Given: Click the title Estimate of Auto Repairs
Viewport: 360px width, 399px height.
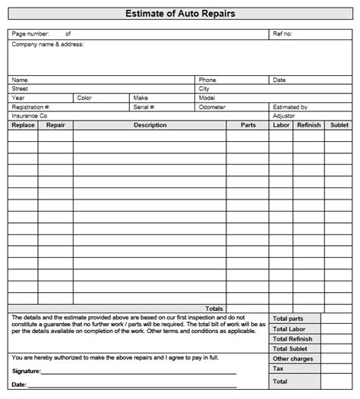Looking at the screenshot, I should (x=179, y=14).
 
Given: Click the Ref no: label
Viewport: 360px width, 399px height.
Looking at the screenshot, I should (x=282, y=34).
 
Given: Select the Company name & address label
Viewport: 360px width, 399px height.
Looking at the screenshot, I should (x=47, y=44).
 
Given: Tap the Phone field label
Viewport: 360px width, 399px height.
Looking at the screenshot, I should (x=207, y=80).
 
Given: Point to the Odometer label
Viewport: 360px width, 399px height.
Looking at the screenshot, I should (x=212, y=108).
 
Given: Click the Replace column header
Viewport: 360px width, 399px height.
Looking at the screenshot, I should (x=23, y=125).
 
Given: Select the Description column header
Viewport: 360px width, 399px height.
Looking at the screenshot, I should (x=150, y=125).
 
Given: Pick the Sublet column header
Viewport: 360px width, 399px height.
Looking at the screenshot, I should (x=339, y=125).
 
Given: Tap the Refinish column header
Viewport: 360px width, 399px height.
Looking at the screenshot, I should (x=308, y=125).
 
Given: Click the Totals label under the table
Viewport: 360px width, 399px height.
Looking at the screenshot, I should (x=214, y=309).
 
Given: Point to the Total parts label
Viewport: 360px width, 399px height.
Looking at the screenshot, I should (x=289, y=319).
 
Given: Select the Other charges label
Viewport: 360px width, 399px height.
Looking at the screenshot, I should (x=292, y=359).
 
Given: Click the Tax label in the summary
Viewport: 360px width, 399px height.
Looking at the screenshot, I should (x=278, y=368).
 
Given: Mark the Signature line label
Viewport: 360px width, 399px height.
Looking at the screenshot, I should (x=27, y=372).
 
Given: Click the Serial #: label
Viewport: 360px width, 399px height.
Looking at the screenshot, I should (x=144, y=108).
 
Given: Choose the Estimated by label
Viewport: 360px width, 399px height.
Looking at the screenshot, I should (x=289, y=108).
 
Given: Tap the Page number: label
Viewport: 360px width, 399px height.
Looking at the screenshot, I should (x=30, y=34).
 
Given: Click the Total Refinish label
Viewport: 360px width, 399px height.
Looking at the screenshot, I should (x=292, y=339).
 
